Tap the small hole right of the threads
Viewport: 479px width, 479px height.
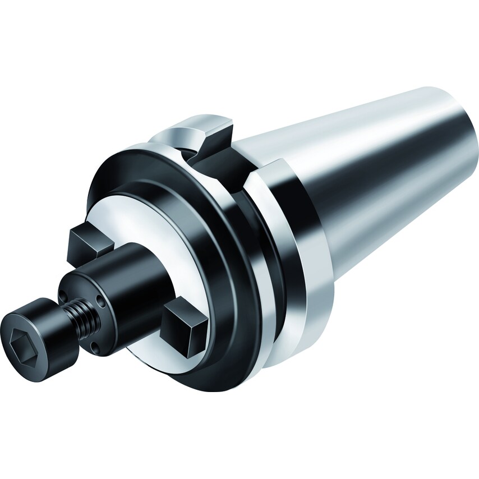click(101, 303)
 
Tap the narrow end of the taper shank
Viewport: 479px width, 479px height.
click(449, 140)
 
